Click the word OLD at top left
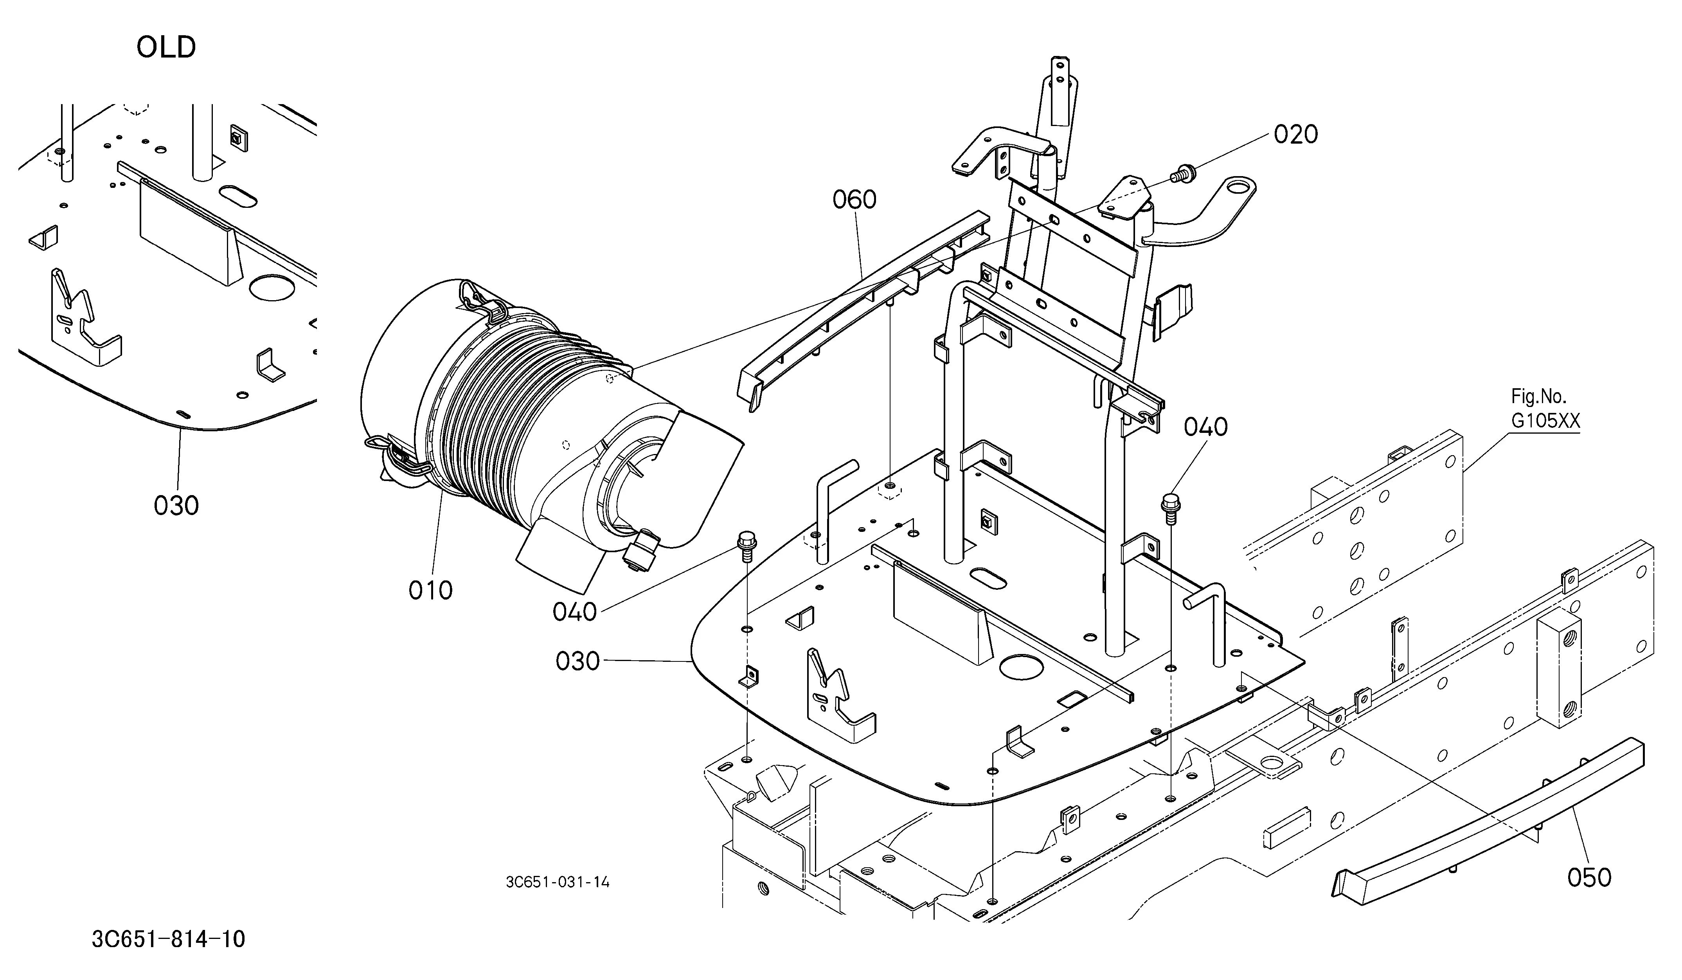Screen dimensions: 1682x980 [166, 47]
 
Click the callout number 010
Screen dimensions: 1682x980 [430, 590]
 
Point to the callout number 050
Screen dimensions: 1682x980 [1589, 877]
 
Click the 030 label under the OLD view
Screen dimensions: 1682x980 [176, 505]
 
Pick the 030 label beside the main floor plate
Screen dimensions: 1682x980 [578, 661]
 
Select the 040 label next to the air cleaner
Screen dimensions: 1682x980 [575, 611]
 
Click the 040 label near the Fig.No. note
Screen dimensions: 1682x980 [1206, 427]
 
